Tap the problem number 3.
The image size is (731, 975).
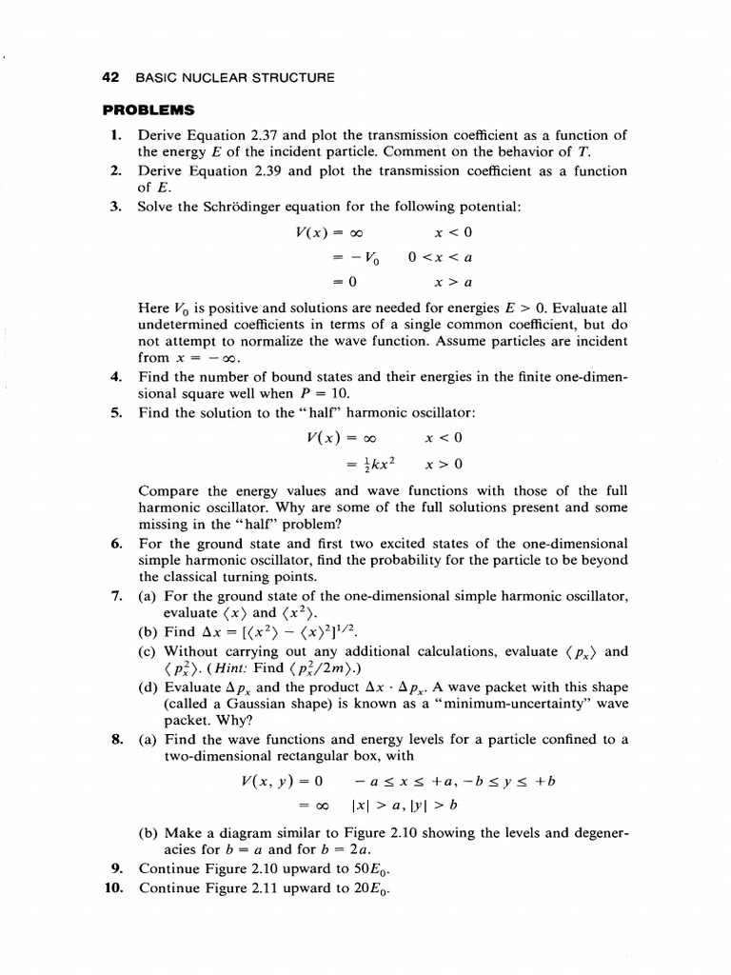click(115, 207)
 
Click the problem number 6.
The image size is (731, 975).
click(115, 544)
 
